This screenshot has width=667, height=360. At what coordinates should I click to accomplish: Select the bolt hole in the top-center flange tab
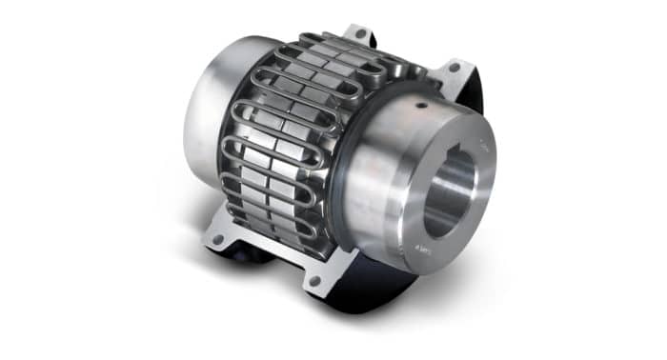point(360,33)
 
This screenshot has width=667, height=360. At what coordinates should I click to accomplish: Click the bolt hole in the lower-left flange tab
point(219,240)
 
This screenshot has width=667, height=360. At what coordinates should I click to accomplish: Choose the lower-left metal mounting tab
point(221,233)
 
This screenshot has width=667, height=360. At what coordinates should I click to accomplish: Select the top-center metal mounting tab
point(356,36)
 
